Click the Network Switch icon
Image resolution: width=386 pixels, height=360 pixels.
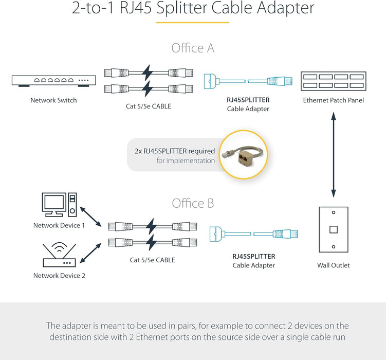click(x=53, y=81)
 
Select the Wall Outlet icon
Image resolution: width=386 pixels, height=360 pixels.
click(x=333, y=230)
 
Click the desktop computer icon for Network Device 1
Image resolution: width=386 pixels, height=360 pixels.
click(x=59, y=205)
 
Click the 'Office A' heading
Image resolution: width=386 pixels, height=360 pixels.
click(x=193, y=48)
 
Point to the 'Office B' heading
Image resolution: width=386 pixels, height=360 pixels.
click(x=193, y=203)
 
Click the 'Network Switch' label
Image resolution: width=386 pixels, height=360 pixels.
click(x=53, y=100)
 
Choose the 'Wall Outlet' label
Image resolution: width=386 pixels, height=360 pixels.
click(x=333, y=265)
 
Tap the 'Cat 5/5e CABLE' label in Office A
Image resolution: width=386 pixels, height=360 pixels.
click(x=149, y=106)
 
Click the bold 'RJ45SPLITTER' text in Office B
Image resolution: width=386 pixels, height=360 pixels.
click(x=253, y=256)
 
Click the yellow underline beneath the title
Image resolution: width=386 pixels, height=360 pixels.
click(x=192, y=23)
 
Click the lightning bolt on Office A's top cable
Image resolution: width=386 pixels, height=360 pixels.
click(x=148, y=71)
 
